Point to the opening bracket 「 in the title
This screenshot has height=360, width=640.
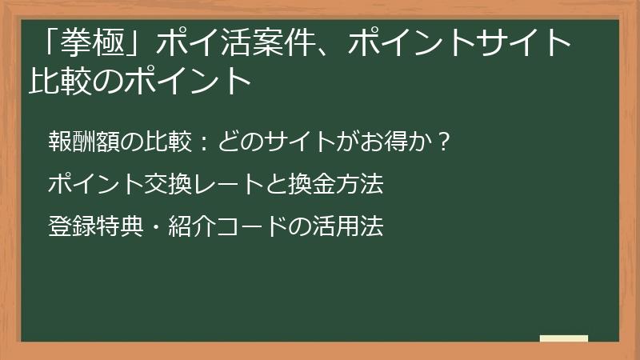56,42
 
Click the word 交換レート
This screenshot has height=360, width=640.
194,186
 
